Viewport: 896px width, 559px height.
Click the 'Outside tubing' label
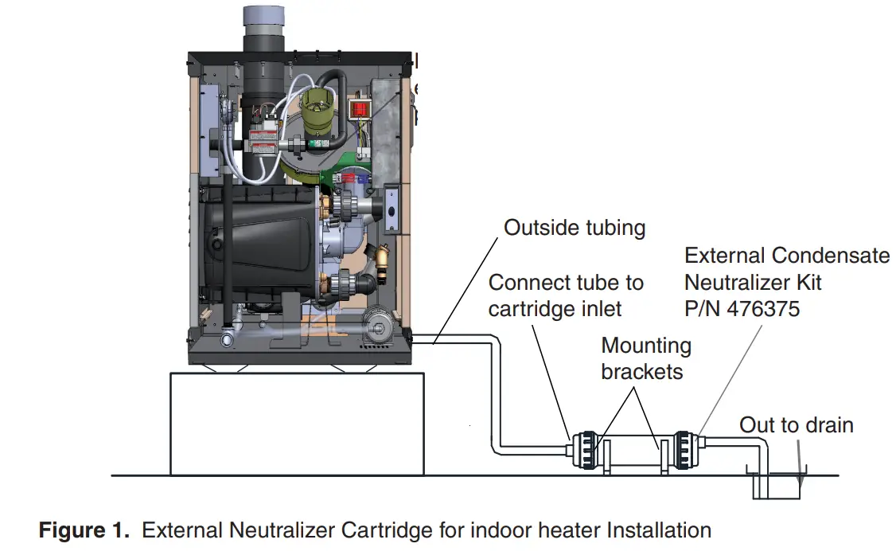coord(574,229)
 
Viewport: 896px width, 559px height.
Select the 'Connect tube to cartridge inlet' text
coord(566,295)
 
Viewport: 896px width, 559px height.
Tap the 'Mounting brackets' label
coord(645,358)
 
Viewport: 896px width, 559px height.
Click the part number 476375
coord(759,308)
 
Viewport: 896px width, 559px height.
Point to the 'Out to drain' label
coord(796,425)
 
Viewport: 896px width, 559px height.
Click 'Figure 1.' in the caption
coord(84,530)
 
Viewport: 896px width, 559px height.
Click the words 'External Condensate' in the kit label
coord(786,256)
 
